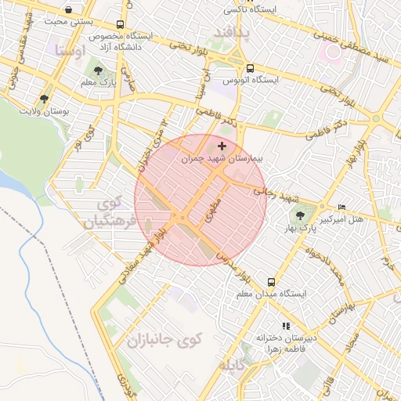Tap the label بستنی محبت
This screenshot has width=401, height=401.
click(x=66, y=22)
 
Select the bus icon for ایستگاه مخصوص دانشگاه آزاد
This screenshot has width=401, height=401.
click(x=119, y=25)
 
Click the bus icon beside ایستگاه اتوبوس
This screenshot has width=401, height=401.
click(x=250, y=68)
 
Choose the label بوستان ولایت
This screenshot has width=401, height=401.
click(x=45, y=111)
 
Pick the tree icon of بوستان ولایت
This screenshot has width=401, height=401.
click(x=45, y=99)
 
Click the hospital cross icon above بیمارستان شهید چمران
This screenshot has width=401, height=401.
click(x=222, y=145)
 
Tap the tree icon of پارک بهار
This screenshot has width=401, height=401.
click(x=300, y=213)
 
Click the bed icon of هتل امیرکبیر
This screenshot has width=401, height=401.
click(x=341, y=207)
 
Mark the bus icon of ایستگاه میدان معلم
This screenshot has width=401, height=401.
click(x=271, y=281)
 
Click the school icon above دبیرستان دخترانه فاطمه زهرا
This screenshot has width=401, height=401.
click(x=286, y=325)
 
